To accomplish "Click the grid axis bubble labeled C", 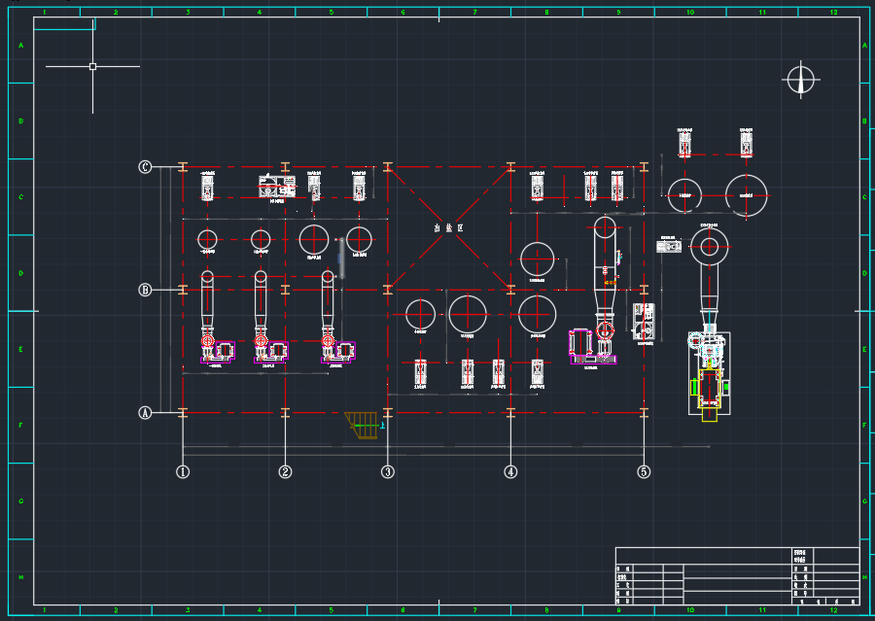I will (x=145, y=167).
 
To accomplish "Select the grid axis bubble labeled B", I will (x=145, y=290).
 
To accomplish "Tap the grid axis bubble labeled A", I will (x=145, y=413).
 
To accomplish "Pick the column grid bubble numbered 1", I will (x=182, y=472).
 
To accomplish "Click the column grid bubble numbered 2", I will (x=285, y=472).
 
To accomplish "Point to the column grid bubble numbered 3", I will (x=388, y=472).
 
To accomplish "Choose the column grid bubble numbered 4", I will (x=510, y=472).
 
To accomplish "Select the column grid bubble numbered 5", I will (x=644, y=472).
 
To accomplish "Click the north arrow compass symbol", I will (x=801, y=80).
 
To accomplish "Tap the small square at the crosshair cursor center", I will (x=92, y=67).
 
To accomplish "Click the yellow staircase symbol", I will (x=363, y=424).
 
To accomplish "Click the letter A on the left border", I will (x=20, y=46).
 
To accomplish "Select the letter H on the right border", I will (x=864, y=577).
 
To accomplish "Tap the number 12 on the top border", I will (x=833, y=12).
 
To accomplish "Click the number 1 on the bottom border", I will (x=44, y=611).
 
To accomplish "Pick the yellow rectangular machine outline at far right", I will (x=711, y=393).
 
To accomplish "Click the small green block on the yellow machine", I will (x=693, y=387).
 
